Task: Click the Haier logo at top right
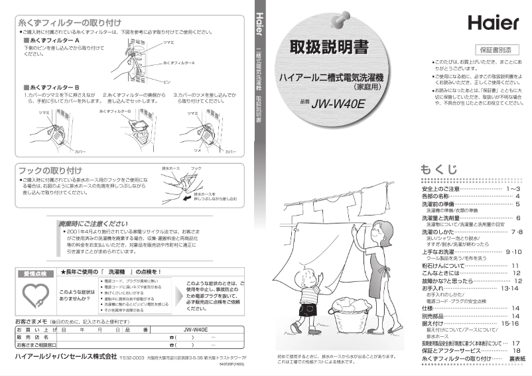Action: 493,23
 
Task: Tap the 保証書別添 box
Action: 496,50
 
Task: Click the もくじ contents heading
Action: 439,170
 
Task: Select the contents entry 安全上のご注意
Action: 440,189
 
